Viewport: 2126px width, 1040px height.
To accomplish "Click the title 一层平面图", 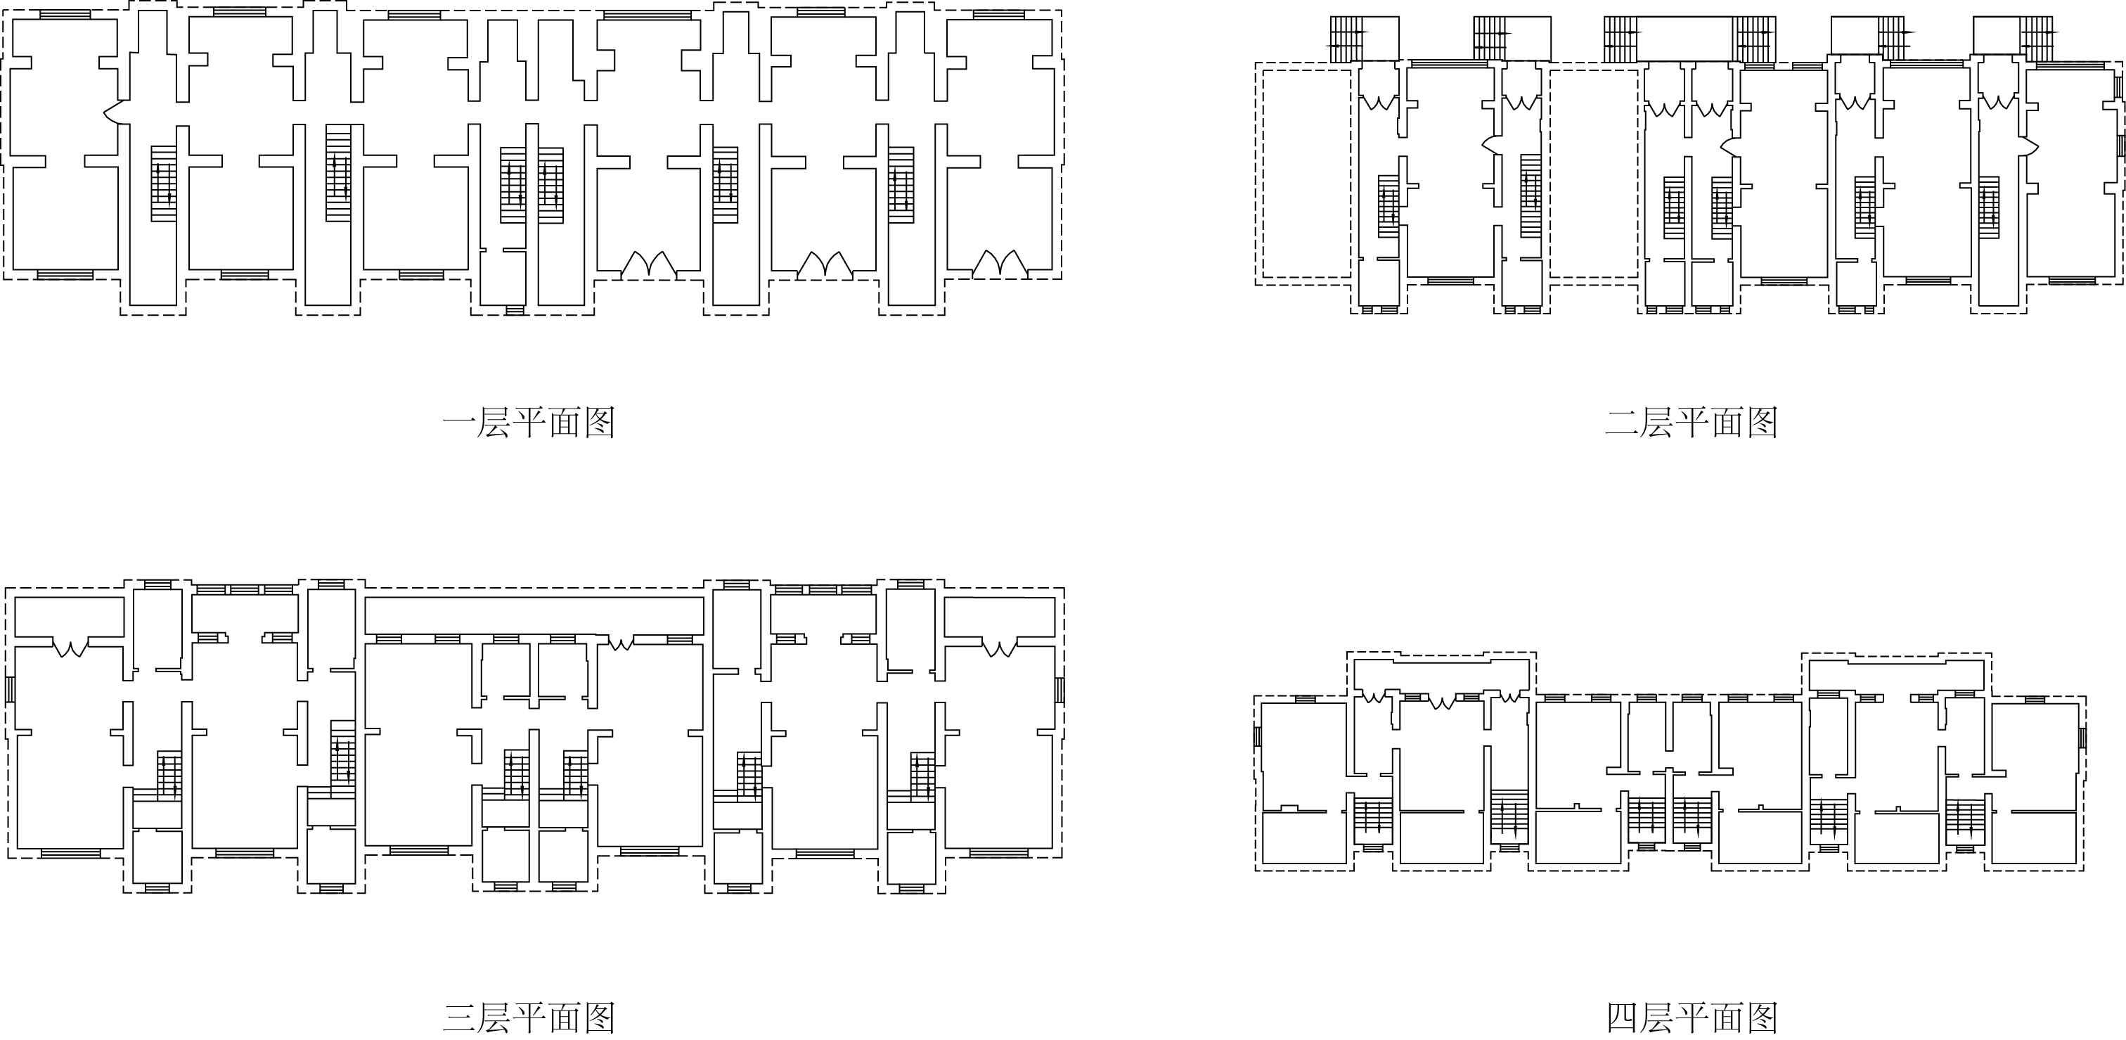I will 529,423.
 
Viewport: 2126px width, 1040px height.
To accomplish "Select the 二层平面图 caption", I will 1691,423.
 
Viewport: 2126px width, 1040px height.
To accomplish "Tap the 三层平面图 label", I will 529,1017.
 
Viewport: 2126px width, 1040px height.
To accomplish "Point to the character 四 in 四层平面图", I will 1623,1017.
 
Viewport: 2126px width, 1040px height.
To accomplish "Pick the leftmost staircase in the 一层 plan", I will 163,184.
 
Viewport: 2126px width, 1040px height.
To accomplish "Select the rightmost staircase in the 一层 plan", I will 901,184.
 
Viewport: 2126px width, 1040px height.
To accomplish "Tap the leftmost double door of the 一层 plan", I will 649,264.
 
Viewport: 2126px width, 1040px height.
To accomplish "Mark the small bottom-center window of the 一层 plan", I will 514,310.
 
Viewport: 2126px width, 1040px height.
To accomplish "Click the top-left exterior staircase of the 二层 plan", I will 1347,39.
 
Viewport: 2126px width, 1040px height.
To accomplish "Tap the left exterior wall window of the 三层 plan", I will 10,689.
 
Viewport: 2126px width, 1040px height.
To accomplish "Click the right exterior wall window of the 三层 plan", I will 1060,689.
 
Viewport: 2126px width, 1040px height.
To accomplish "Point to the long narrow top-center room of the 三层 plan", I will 534,615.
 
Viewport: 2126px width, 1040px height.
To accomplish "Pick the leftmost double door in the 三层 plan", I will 71,648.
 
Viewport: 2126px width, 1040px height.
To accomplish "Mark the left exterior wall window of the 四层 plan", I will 1258,736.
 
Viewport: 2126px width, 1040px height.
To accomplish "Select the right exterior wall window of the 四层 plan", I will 2082,738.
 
